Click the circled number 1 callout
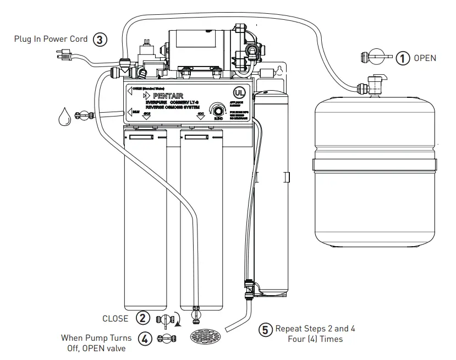tap(403, 58)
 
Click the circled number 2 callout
tap(143, 318)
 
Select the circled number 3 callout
tap(99, 39)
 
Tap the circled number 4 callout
tap(144, 339)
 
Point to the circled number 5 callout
tap(266, 330)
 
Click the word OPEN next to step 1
tap(425, 58)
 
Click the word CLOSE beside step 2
tap(116, 318)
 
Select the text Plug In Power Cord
tap(51, 39)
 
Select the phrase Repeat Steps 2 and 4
tap(315, 329)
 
